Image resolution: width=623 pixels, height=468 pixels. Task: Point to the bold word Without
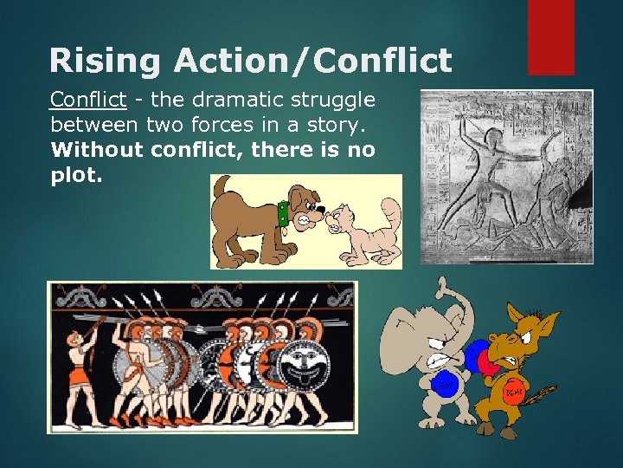(97, 149)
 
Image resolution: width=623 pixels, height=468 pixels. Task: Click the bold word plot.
(77, 174)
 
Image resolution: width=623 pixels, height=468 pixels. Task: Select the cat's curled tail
(392, 216)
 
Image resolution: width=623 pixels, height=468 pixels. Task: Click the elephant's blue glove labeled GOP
(446, 382)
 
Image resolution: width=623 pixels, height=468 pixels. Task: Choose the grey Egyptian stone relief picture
(506, 177)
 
